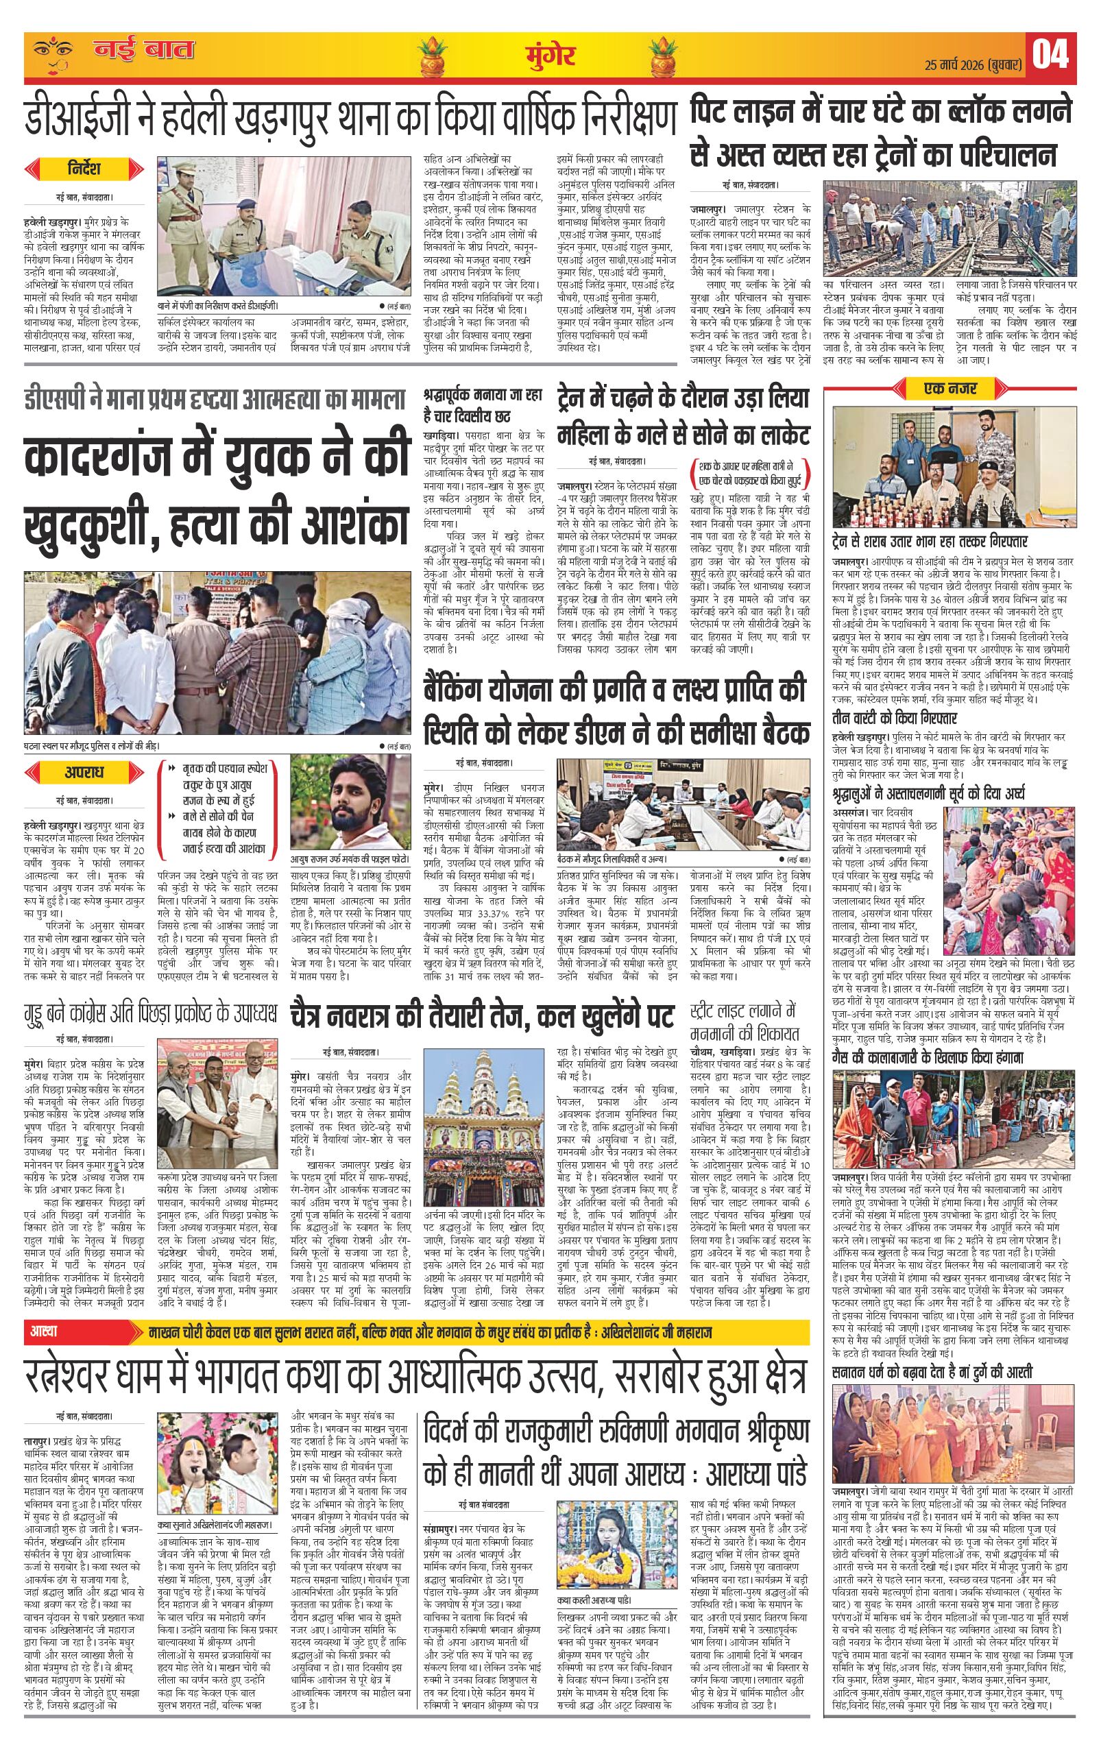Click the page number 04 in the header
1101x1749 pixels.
coord(1050,54)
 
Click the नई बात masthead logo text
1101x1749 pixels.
coord(144,51)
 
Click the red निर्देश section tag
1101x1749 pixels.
coord(82,169)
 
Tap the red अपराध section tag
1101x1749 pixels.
coord(82,772)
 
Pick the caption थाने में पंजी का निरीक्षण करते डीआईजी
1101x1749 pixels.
coord(217,307)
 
